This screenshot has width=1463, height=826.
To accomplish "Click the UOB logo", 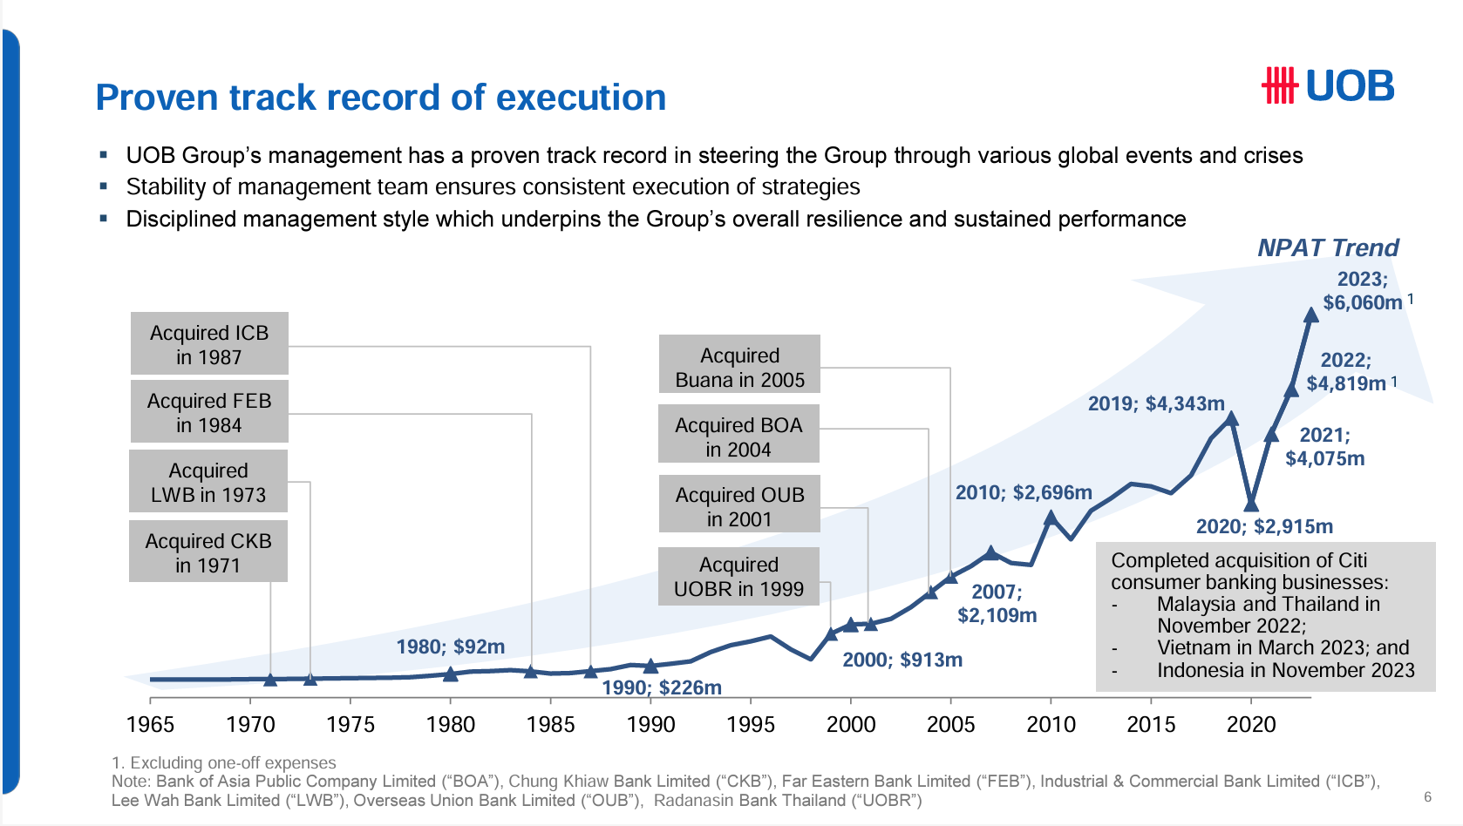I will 1328,86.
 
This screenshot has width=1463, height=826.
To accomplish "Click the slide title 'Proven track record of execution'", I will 380,98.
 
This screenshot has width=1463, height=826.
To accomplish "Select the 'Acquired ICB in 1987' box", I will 209,344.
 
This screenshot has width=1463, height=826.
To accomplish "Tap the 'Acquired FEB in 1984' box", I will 209,412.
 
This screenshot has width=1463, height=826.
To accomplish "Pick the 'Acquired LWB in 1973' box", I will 208,482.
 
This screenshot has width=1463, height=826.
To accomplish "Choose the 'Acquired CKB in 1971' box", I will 208,552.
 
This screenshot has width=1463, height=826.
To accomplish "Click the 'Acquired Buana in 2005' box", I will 739,367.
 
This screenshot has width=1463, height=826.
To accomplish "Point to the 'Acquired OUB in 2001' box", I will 739,505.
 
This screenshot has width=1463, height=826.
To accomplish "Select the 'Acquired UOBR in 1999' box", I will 738,576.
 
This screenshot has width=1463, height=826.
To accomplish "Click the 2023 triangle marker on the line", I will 1310,315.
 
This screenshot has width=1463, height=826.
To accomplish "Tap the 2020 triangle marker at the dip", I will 1251,504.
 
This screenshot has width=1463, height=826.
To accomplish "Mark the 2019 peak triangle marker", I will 1231,418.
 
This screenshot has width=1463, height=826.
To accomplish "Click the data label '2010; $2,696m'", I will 1024,492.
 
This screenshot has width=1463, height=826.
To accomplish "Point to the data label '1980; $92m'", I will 450,647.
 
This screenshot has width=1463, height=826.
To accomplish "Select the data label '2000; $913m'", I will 902,660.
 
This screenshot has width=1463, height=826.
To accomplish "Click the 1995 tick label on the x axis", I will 751,725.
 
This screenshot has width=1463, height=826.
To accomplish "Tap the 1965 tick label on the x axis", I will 150,725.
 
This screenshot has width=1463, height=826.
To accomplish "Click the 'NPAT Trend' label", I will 1328,248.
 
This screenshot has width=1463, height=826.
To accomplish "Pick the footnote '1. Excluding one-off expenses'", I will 224,762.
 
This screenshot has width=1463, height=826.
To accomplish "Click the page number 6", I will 1427,796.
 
